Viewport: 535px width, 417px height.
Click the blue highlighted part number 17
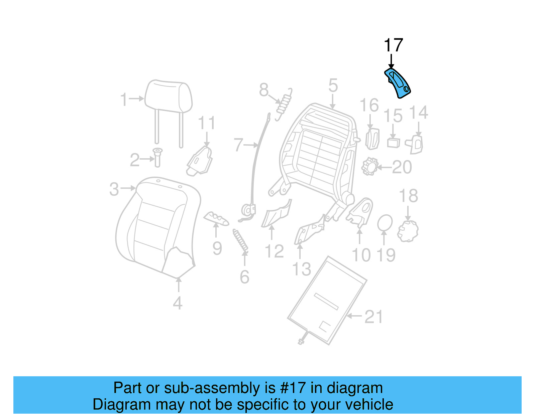398,83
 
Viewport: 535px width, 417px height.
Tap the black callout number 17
393,45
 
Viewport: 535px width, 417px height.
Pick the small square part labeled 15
394,143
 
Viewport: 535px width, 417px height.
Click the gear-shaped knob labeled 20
369,166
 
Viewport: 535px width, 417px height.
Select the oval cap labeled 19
385,223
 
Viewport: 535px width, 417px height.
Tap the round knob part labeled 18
408,231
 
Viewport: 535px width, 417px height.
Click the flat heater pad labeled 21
327,300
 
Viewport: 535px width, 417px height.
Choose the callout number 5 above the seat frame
333,85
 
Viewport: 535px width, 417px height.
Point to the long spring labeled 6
240,240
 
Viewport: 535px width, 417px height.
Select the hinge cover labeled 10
360,211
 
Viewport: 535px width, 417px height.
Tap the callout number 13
302,269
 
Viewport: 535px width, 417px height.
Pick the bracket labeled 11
200,161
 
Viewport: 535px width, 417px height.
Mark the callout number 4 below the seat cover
178,303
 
